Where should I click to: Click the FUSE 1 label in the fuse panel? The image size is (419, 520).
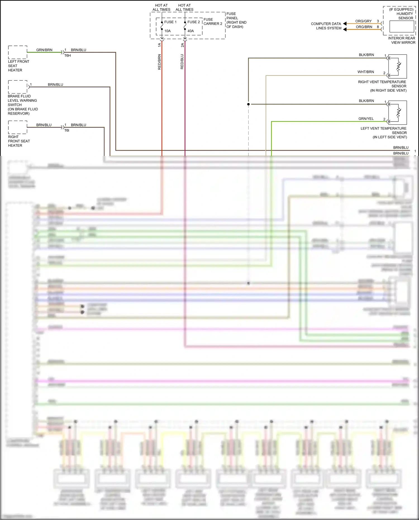click(x=170, y=22)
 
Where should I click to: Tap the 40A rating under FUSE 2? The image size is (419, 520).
click(x=191, y=31)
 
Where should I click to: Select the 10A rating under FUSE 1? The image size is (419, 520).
click(x=167, y=31)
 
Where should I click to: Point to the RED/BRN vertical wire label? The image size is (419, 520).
click(x=159, y=62)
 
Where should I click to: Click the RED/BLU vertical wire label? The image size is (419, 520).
click(x=182, y=62)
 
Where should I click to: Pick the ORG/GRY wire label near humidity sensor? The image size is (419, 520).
click(x=363, y=21)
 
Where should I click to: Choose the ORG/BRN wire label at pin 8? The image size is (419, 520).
click(x=364, y=27)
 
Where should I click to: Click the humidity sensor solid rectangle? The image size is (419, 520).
click(x=402, y=27)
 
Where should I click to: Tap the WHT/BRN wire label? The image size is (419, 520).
click(x=366, y=72)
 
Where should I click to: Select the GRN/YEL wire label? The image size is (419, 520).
click(x=366, y=119)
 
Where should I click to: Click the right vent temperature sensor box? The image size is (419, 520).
click(x=397, y=66)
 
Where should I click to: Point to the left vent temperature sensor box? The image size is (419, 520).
click(x=397, y=113)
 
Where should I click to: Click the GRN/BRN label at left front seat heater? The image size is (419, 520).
click(x=44, y=50)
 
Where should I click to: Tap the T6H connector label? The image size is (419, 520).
click(x=68, y=56)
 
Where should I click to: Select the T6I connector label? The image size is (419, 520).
click(x=67, y=130)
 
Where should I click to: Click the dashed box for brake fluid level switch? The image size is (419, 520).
click(x=18, y=87)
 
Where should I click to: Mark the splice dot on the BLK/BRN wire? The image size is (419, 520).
click(x=248, y=104)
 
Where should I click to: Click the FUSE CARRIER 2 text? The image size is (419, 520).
click(x=213, y=22)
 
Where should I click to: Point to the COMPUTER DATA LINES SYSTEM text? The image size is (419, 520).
click(x=326, y=26)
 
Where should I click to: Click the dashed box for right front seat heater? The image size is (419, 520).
click(x=18, y=127)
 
